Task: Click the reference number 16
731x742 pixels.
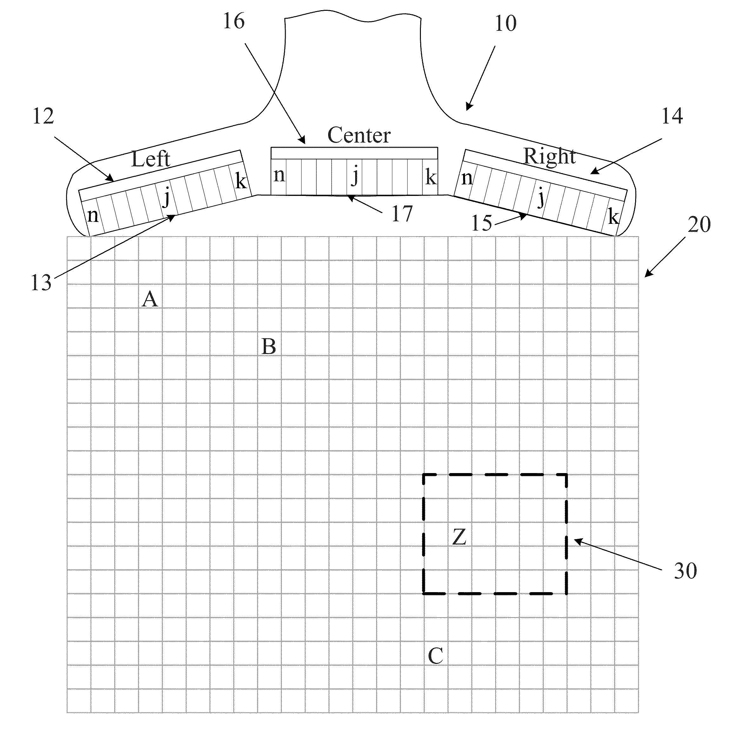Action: click(x=234, y=22)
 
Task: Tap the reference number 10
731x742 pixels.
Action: click(x=506, y=24)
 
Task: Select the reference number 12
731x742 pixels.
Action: click(x=43, y=116)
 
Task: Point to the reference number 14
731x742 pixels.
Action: click(x=672, y=116)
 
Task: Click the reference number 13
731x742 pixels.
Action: click(x=41, y=283)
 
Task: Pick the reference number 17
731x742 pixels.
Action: click(x=402, y=214)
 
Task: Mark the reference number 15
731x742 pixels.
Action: click(x=482, y=223)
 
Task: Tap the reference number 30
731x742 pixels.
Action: click(x=685, y=571)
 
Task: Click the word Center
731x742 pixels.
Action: click(x=359, y=135)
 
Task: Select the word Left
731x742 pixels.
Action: click(x=150, y=159)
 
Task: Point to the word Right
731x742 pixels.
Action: click(x=549, y=156)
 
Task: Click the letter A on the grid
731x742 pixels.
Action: click(x=150, y=299)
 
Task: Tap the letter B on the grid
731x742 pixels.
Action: click(x=269, y=347)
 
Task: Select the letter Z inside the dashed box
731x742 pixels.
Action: click(x=459, y=537)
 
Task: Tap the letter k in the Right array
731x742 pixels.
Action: click(x=613, y=218)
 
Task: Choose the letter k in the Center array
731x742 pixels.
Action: click(x=430, y=178)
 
